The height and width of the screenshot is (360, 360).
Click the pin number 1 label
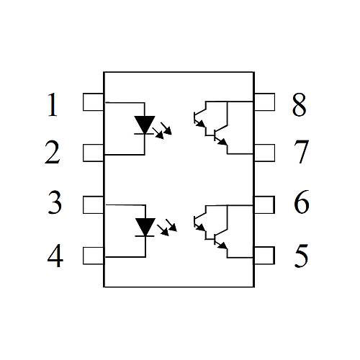click(x=53, y=104)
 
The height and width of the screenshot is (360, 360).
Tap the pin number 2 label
click(x=52, y=153)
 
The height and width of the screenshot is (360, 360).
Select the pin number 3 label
click(x=55, y=202)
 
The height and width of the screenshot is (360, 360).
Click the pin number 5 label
click(x=302, y=256)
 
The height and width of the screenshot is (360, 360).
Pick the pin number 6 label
click(x=302, y=202)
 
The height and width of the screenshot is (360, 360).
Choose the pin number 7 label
click(x=301, y=152)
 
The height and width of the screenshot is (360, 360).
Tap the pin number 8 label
click(x=300, y=105)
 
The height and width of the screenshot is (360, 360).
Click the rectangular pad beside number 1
click(x=93, y=102)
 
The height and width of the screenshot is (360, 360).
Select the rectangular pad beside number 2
click(x=93, y=153)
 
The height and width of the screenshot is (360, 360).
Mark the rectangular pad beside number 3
click(x=93, y=204)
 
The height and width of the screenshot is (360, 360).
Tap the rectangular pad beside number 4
click(x=93, y=256)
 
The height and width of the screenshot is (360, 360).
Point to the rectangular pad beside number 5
click(x=264, y=256)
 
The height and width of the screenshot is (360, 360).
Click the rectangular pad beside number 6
click(x=264, y=204)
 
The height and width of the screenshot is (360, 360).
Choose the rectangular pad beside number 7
click(x=264, y=153)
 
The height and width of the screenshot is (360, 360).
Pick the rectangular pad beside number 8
click(x=264, y=102)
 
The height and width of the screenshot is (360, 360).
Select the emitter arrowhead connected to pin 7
click(x=222, y=142)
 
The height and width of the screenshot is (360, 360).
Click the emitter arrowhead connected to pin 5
click(x=222, y=246)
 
